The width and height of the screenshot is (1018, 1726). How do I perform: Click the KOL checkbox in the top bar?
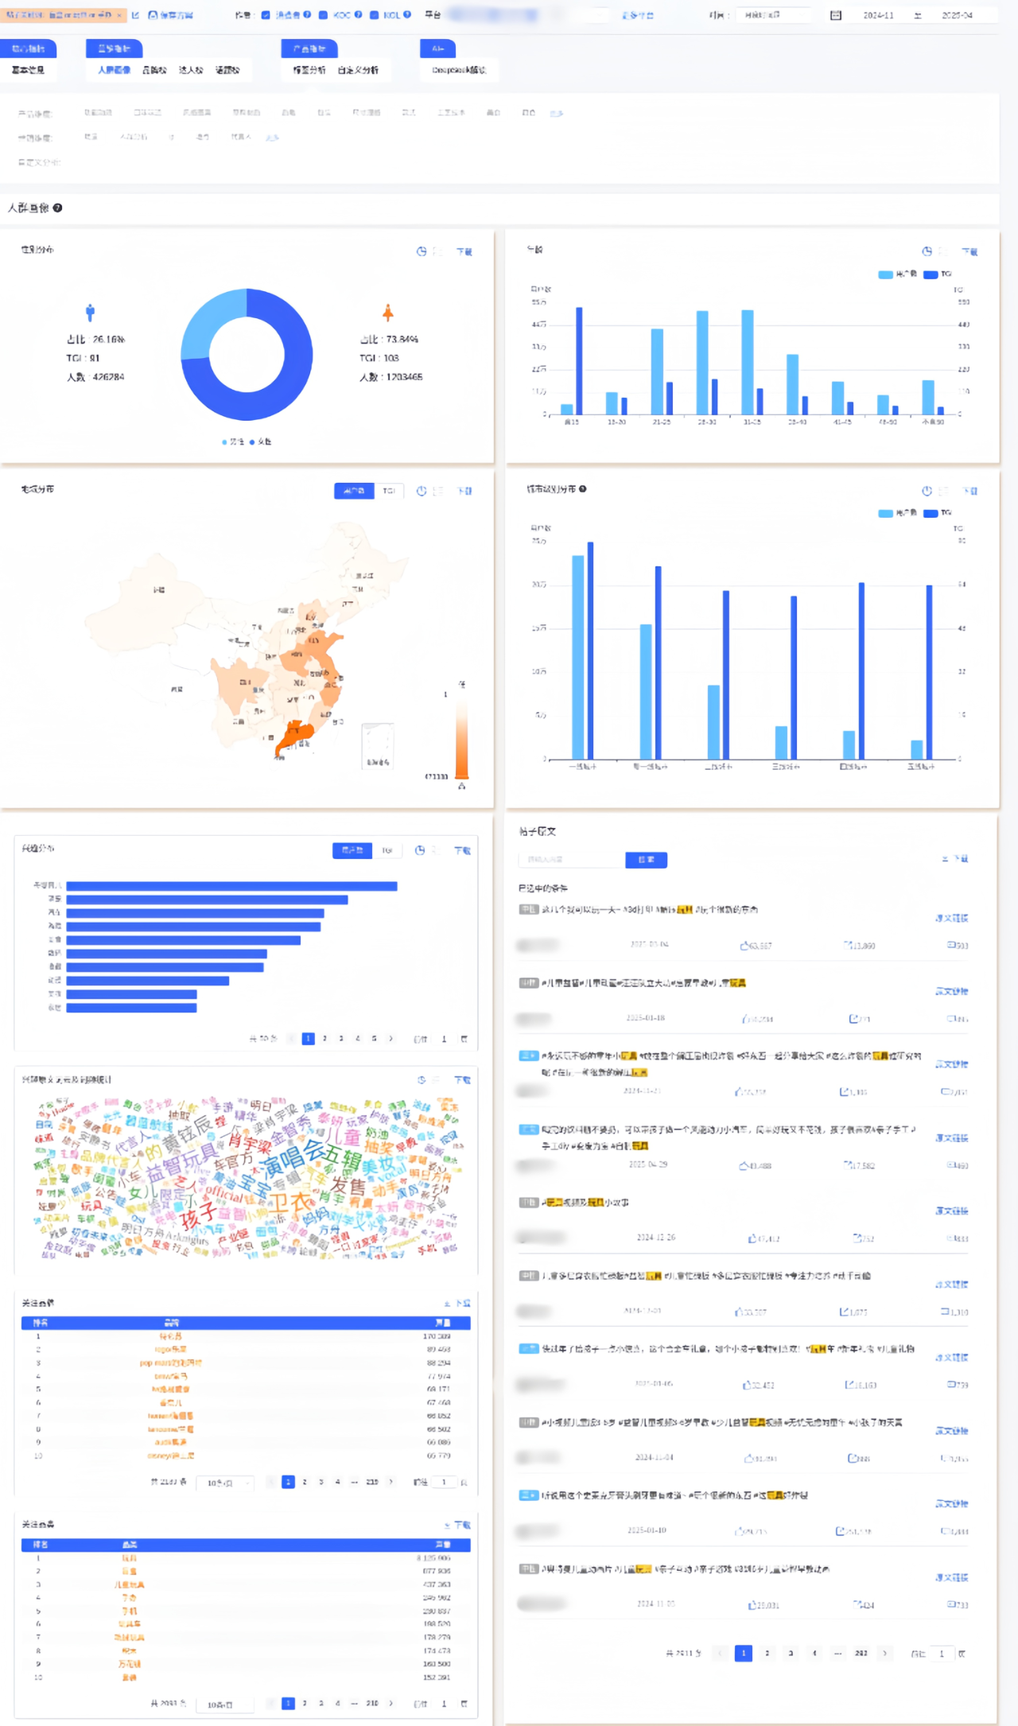(x=374, y=14)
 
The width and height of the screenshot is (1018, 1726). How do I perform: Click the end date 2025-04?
(x=957, y=15)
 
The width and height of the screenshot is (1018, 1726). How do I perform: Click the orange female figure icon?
(x=388, y=313)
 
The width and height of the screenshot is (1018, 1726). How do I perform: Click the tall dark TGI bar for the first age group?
(x=579, y=360)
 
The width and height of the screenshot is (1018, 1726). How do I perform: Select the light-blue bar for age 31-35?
(x=748, y=362)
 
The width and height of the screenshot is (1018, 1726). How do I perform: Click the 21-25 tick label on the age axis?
(x=661, y=422)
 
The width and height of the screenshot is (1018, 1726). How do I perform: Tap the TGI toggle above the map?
(x=389, y=491)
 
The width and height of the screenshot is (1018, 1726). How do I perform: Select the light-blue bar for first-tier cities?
(x=578, y=656)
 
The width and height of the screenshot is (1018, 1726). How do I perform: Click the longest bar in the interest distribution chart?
(x=231, y=885)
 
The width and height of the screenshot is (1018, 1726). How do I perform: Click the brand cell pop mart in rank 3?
(x=170, y=1363)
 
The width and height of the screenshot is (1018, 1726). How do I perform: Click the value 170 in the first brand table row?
(x=437, y=1336)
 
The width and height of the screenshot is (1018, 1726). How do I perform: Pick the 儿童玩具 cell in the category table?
(x=129, y=1584)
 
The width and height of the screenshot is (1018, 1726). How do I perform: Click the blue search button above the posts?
(x=646, y=860)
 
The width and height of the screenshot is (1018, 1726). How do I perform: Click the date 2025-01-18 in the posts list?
(x=645, y=1018)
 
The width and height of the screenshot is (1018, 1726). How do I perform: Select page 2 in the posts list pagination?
(x=767, y=1653)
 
